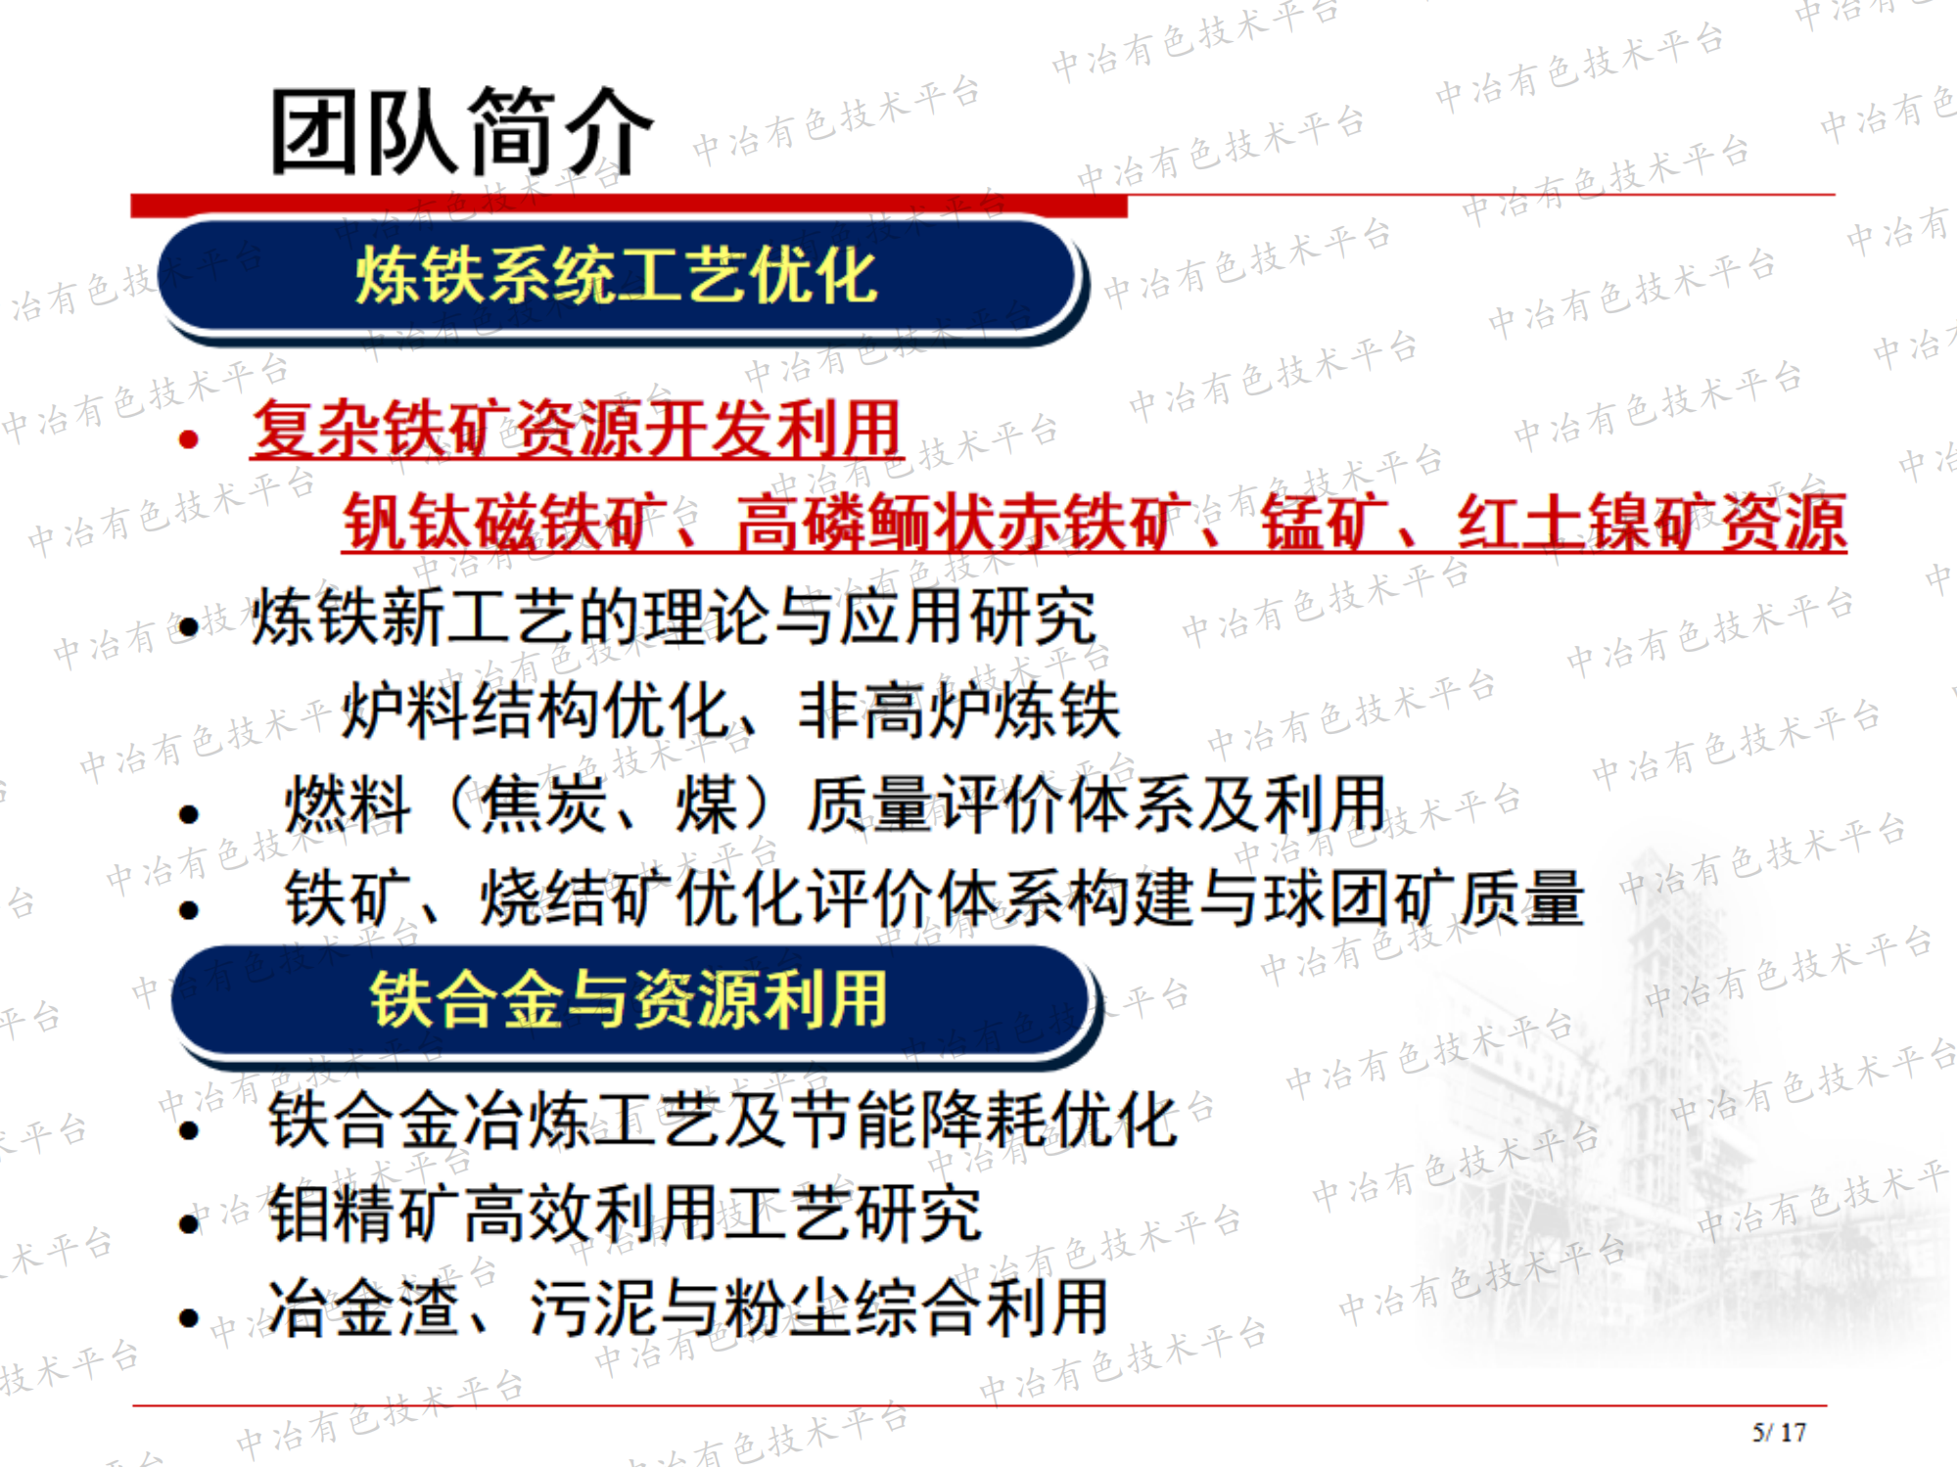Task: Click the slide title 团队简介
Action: (460, 132)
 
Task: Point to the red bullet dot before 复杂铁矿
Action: (189, 439)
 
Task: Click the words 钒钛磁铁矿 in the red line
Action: (504, 522)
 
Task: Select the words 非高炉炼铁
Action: (959, 711)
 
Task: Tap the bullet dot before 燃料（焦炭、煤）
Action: (189, 813)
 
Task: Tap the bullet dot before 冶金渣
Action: (189, 1318)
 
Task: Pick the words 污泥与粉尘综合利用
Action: (818, 1307)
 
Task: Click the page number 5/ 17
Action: (1779, 1433)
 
